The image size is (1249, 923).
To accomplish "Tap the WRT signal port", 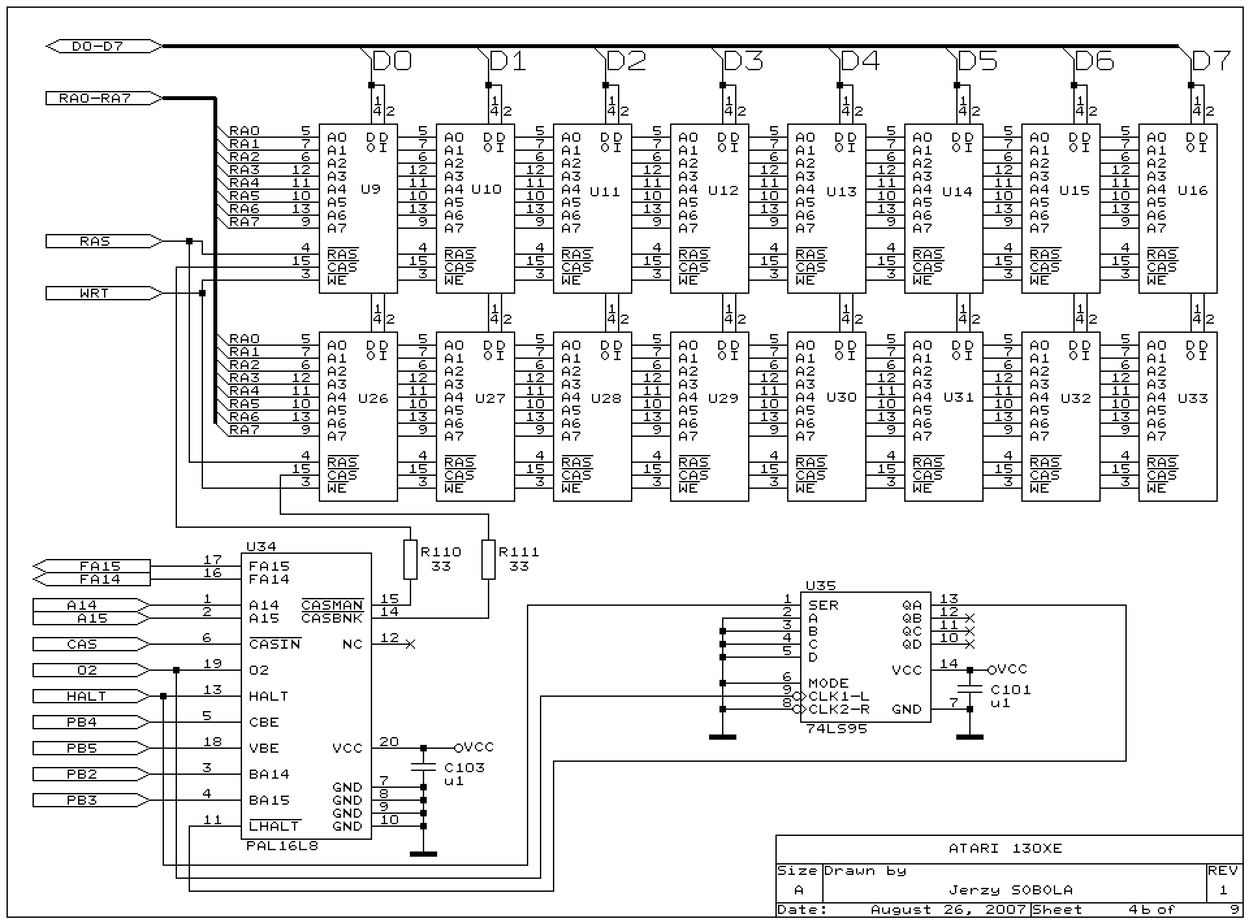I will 95,293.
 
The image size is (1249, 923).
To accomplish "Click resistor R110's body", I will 410,559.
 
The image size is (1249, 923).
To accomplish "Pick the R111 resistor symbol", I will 488,559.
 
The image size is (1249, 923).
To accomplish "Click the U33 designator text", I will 1192,398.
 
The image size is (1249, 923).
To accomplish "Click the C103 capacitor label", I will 464,768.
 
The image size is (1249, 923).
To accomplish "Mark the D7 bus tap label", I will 1210,61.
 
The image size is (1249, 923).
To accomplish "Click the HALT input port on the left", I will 87,696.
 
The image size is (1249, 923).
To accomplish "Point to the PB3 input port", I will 83,800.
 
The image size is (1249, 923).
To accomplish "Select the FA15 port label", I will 100,566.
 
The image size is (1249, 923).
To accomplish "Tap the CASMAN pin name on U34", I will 332,605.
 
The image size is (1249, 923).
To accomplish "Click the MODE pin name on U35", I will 828,683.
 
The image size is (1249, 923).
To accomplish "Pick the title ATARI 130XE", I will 1005,848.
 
